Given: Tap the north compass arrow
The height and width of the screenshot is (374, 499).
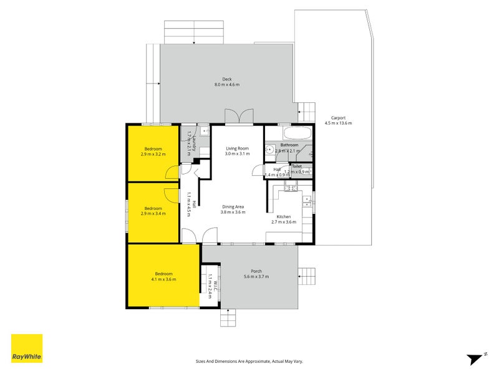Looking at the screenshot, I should click(476, 358).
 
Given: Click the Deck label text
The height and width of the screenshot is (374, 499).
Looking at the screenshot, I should click(227, 79).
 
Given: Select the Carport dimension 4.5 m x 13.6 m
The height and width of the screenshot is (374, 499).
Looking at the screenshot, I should click(338, 123).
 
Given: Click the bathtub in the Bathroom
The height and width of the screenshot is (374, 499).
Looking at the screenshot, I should click(297, 134).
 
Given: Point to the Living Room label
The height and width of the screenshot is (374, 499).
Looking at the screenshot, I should click(237, 148).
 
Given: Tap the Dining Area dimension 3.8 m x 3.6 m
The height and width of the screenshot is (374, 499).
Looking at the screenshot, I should click(233, 212).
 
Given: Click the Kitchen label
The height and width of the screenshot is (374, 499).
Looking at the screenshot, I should click(284, 216).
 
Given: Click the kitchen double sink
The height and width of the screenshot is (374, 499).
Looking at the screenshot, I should click(307, 200).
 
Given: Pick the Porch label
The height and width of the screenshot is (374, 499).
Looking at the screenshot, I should click(256, 271).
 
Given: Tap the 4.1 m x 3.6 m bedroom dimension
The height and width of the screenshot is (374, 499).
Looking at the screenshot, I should click(163, 279).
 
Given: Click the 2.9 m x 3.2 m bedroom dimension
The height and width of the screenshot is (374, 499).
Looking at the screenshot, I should click(153, 154).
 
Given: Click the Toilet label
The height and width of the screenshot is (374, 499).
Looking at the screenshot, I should click(297, 166).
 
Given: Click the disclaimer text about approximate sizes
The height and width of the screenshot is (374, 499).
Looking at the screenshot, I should click(249, 361).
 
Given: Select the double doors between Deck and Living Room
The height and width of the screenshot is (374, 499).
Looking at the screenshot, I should click(239, 117).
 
